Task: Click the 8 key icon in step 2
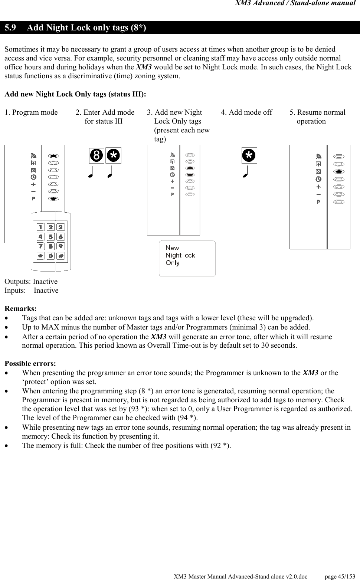[x=96, y=156]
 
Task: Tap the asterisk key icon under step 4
[x=249, y=155]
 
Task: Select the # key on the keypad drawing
[x=60, y=256]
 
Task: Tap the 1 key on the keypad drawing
[x=40, y=227]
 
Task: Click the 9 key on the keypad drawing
[x=60, y=246]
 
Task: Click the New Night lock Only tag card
[x=187, y=258]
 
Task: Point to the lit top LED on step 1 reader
[x=53, y=155]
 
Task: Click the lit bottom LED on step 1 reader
[x=53, y=199]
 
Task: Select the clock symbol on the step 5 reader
[x=318, y=179]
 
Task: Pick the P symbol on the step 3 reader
[x=172, y=194]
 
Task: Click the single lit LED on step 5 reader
[x=338, y=171]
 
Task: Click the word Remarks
[x=20, y=309]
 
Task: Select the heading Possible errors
[x=30, y=364]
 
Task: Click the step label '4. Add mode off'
[x=246, y=112]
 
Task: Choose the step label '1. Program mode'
[x=31, y=112]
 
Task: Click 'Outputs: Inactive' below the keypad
[x=31, y=282]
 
